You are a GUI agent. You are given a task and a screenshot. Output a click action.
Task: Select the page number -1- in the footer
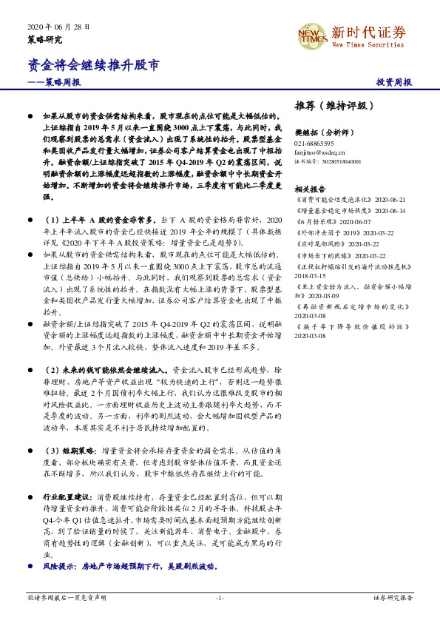pyautogui.click(x=219, y=597)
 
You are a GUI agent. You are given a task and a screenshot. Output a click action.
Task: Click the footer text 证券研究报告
pyautogui.click(x=393, y=597)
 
